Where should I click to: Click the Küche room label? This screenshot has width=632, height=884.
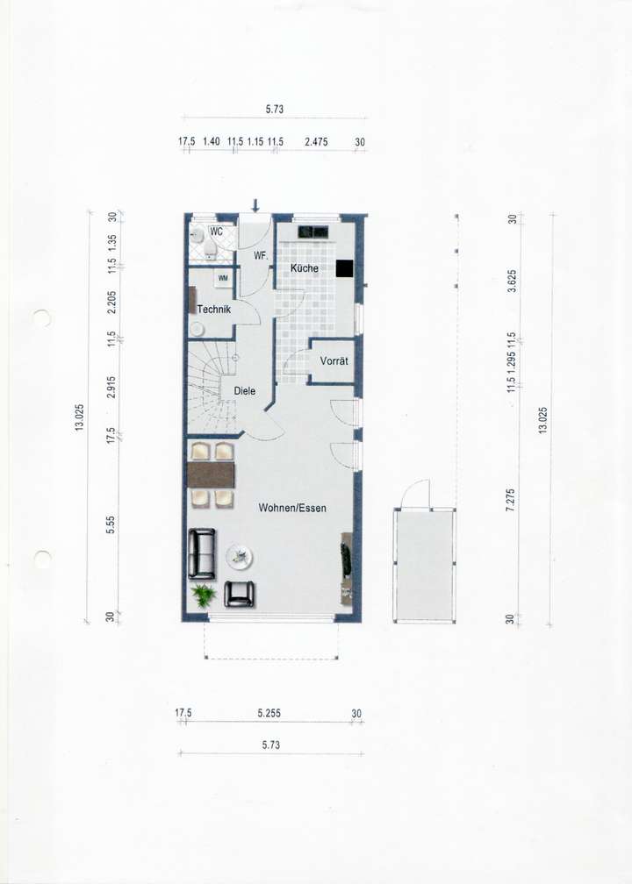305,267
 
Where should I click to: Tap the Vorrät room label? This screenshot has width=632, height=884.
334,361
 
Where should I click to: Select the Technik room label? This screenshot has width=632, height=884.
213,309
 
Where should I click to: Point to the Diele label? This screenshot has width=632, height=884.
245,391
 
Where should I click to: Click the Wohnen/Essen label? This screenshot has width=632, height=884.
292,508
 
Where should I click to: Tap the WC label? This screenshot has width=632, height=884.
216,232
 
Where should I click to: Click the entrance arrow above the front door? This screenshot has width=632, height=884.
255,206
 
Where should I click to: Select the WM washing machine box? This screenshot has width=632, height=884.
223,279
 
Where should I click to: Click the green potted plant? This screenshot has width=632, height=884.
204,596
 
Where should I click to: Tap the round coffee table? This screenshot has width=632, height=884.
239,555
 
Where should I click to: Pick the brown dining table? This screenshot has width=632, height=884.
212,474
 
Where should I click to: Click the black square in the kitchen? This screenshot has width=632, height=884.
344,269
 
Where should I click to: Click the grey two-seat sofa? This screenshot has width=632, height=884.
202,553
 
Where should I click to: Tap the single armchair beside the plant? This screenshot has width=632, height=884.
240,595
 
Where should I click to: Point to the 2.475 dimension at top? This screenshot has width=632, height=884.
315,141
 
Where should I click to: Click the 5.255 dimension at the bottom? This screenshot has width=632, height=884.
269,714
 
